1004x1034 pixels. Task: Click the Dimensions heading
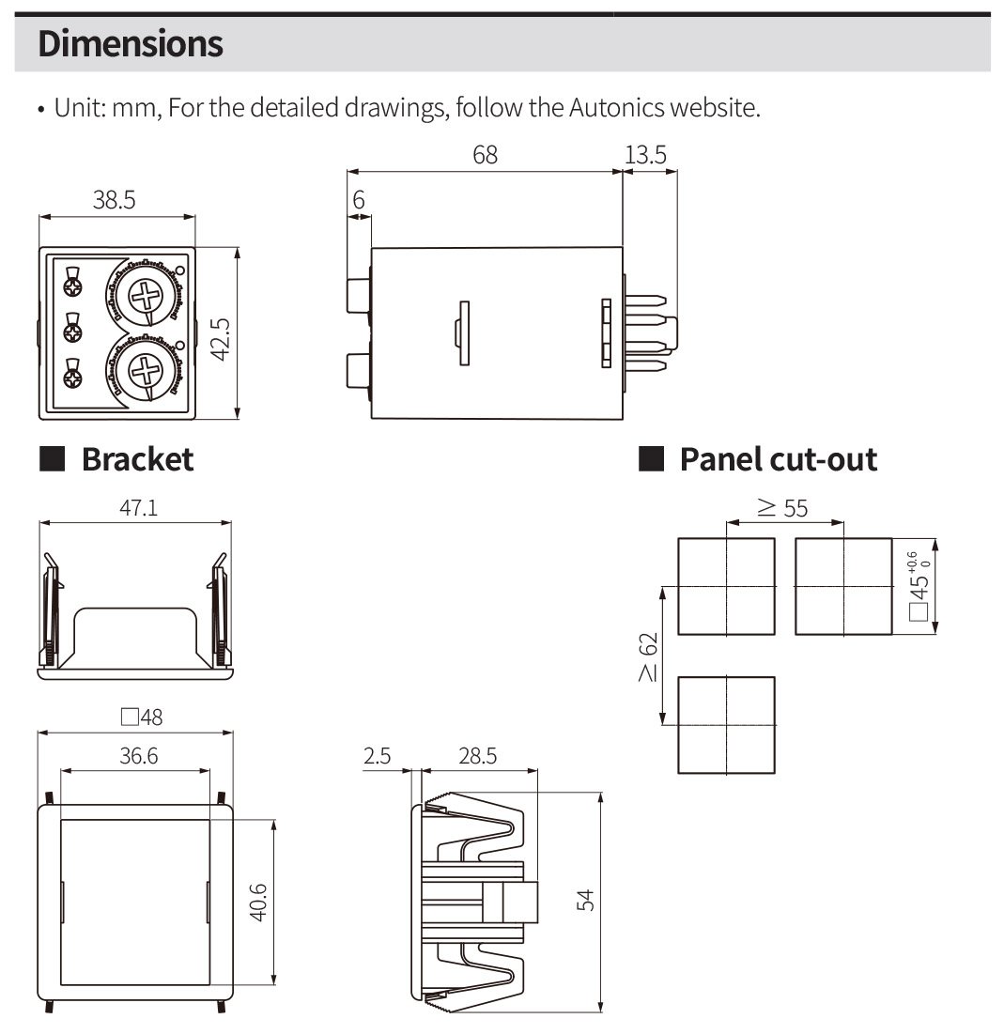pos(131,44)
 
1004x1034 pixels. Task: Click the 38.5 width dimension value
pos(114,199)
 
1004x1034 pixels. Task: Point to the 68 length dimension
pos(485,154)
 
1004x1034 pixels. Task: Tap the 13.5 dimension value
pos(645,154)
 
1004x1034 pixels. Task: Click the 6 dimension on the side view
pos(358,199)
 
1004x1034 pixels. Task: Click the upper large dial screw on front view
pos(147,299)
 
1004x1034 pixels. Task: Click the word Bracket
pos(137,459)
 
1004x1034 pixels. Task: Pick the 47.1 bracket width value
pos(137,508)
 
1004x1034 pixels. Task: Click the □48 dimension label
pos(141,718)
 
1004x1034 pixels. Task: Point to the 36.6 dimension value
pos(138,755)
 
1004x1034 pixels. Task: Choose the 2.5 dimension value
pos(377,755)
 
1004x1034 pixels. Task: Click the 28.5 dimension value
pos(477,755)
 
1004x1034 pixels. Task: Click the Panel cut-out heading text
pos(778,459)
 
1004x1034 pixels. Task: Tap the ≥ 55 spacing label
pos(782,508)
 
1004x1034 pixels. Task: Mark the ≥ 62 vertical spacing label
pos(647,656)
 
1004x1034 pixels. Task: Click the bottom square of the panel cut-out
pos(727,725)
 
